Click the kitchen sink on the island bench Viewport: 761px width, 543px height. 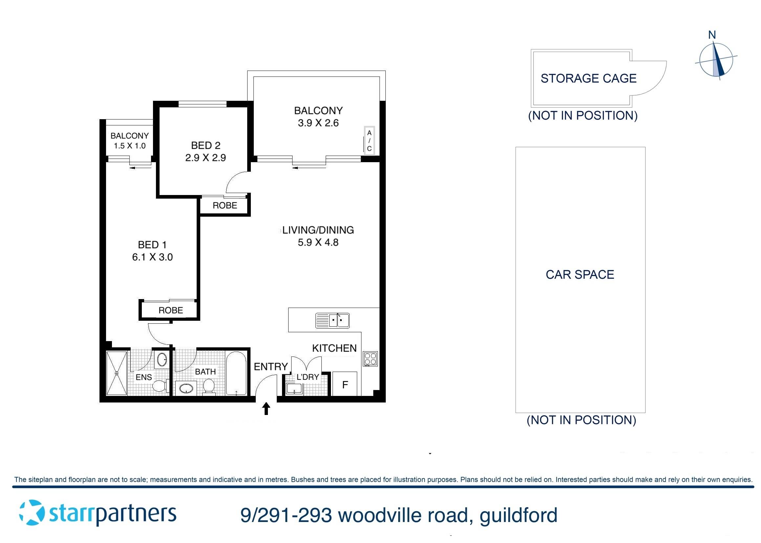pos(332,320)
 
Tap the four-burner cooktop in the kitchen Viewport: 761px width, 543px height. pos(370,359)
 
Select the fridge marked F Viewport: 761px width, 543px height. pos(345,384)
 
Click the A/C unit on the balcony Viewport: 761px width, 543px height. pos(369,141)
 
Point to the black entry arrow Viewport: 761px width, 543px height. pos(266,409)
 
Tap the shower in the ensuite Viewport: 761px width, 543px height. pos(116,373)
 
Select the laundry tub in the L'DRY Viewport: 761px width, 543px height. pos(294,389)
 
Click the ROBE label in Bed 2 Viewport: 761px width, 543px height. pos(225,205)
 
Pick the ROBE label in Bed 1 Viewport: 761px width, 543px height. pos(170,310)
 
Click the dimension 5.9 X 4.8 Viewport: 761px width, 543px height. pos(318,242)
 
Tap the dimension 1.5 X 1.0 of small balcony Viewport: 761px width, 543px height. pos(129,146)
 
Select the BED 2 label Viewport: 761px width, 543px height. pos(206,145)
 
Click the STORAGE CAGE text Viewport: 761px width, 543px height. pos(588,78)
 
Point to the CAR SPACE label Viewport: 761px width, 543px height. pos(579,274)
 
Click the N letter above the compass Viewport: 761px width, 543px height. pos(712,35)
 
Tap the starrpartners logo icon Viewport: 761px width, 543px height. pos(32,512)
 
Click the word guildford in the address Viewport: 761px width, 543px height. pos(518,515)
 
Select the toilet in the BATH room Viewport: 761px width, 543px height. pos(209,386)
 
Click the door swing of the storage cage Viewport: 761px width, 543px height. pos(652,78)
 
